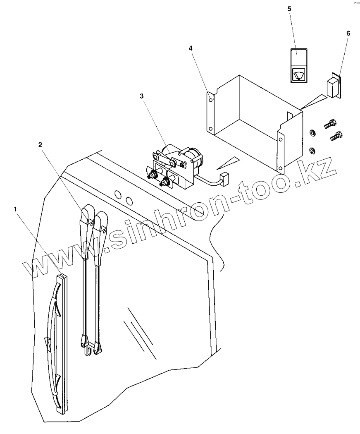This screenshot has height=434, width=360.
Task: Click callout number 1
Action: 16,209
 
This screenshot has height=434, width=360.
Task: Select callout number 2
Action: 40,144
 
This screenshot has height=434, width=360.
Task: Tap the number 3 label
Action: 142,96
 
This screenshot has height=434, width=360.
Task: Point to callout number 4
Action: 191,48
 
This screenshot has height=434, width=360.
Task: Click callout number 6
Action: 348,32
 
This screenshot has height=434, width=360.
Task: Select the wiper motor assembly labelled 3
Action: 176,163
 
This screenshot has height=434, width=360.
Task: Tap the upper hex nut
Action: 313,132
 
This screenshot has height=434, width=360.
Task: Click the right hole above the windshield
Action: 129,201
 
